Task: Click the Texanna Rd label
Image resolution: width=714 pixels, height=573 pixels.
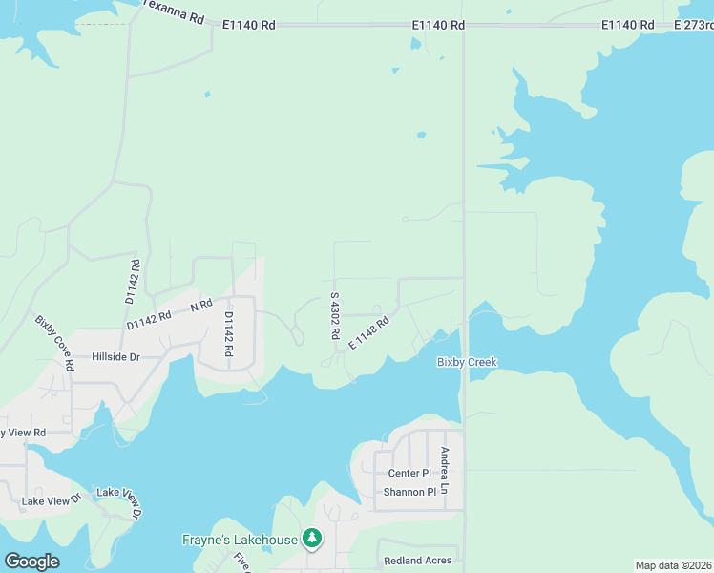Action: coord(176,11)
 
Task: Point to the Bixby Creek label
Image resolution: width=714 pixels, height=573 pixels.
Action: coord(467,362)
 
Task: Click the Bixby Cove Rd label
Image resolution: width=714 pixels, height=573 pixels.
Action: coord(55,342)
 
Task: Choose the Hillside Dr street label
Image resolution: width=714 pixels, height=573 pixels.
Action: coord(115,357)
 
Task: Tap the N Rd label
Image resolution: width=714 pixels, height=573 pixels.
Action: coord(200,306)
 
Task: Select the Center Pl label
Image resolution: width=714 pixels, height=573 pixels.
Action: coord(409,474)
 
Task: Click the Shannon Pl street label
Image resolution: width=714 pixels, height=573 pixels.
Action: coord(409,492)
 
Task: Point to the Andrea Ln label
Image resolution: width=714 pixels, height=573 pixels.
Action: coord(444,470)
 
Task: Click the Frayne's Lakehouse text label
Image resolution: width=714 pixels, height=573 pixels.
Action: coord(240,540)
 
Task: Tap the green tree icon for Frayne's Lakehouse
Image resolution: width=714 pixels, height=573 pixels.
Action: coord(311,540)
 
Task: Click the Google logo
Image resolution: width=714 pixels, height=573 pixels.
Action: coord(31,562)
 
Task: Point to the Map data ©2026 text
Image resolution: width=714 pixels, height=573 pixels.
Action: coord(674,565)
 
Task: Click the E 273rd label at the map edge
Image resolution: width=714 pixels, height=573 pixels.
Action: coord(694,24)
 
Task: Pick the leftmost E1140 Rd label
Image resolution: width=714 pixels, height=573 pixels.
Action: coord(248,25)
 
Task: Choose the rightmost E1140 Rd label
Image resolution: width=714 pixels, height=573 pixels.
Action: coord(628,25)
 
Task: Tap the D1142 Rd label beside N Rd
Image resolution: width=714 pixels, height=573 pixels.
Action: coord(148,319)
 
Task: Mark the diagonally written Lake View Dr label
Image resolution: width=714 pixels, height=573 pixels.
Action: coord(118,503)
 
